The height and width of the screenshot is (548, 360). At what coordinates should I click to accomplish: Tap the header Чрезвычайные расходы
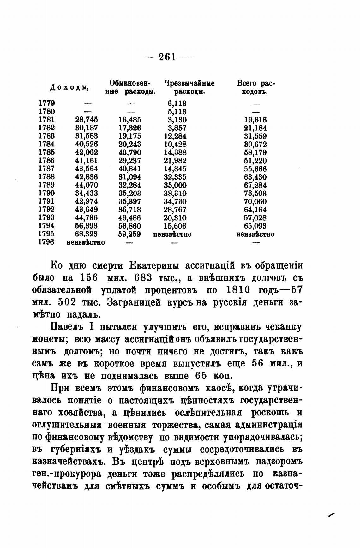pos(189,87)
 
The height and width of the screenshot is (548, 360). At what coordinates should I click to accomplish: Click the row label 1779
pos(47,103)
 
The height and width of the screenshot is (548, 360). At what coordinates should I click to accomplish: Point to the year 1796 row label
pos(47,242)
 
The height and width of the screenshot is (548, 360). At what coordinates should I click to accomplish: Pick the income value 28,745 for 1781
pos(87,120)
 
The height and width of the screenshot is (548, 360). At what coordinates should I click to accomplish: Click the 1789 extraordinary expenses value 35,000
pos(175,185)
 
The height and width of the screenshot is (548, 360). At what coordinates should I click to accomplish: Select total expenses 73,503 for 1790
pos(255,193)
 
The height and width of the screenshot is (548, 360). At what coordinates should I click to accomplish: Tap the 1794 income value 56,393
pos(87,226)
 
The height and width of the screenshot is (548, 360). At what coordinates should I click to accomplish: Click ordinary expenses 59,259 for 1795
pos(130,234)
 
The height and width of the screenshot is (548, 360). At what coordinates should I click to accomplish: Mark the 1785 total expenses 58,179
pos(255,152)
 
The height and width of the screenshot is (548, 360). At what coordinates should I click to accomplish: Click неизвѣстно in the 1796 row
pos(86,242)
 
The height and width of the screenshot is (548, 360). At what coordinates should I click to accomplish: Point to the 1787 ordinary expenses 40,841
pos(130,169)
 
